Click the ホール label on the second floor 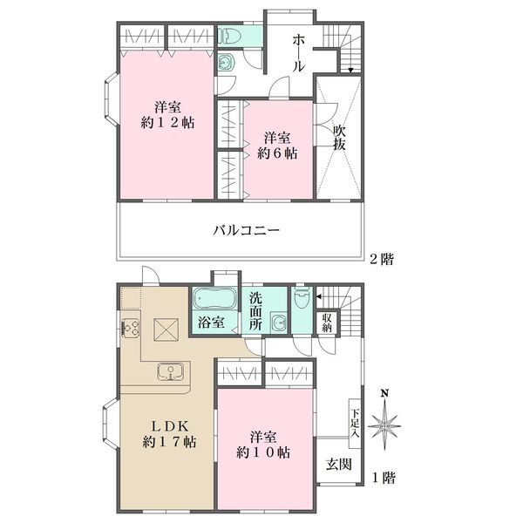pyautogui.click(x=298, y=54)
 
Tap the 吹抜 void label pyautogui.click(x=339, y=138)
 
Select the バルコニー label pyautogui.click(x=246, y=230)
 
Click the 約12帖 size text pyautogui.click(x=167, y=123)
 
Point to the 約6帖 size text pyautogui.click(x=277, y=153)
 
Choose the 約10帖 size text pyautogui.click(x=263, y=452)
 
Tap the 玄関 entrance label pyautogui.click(x=339, y=464)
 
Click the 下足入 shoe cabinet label pyautogui.click(x=355, y=424)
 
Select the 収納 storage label pyautogui.click(x=327, y=323)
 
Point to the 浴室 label pyautogui.click(x=211, y=323)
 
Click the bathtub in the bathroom pyautogui.click(x=214, y=299)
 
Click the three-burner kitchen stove pyautogui.click(x=131, y=328)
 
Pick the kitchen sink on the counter pyautogui.click(x=171, y=372)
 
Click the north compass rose pyautogui.click(x=384, y=422)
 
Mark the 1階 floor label pyautogui.click(x=384, y=479)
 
